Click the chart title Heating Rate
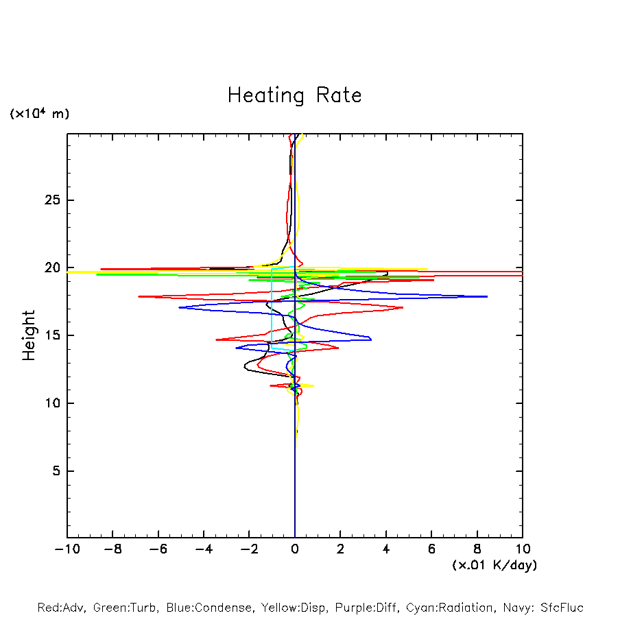294,95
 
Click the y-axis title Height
29,335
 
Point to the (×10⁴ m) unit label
39,114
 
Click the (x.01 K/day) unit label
494,565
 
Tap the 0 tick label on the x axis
295,549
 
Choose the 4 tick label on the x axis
386,549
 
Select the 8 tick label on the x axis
477,549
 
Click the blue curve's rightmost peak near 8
486,296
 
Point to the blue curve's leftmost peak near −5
180,307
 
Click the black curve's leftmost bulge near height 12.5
245,368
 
